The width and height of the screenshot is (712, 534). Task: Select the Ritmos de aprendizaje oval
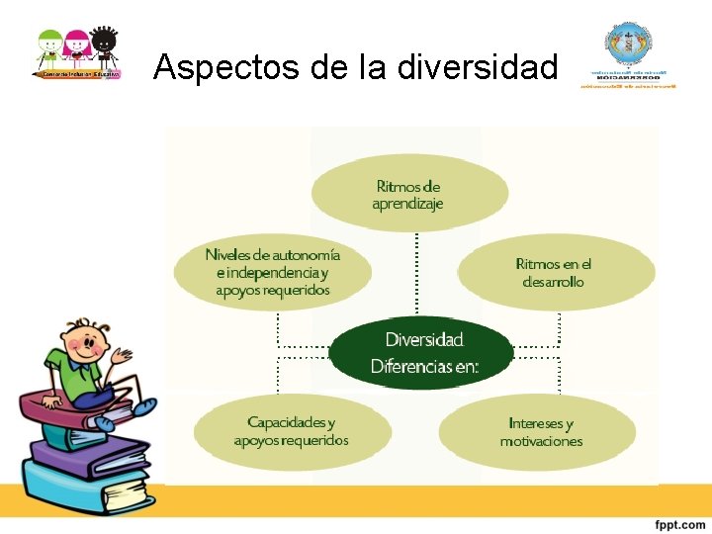pyautogui.click(x=408, y=194)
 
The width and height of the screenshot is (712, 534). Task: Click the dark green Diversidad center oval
pyautogui.click(x=423, y=353)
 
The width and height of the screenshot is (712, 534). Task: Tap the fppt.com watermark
pyautogui.click(x=678, y=523)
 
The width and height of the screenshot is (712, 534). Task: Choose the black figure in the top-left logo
pyautogui.click(x=104, y=47)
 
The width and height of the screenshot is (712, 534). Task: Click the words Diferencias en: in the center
pyautogui.click(x=424, y=367)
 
